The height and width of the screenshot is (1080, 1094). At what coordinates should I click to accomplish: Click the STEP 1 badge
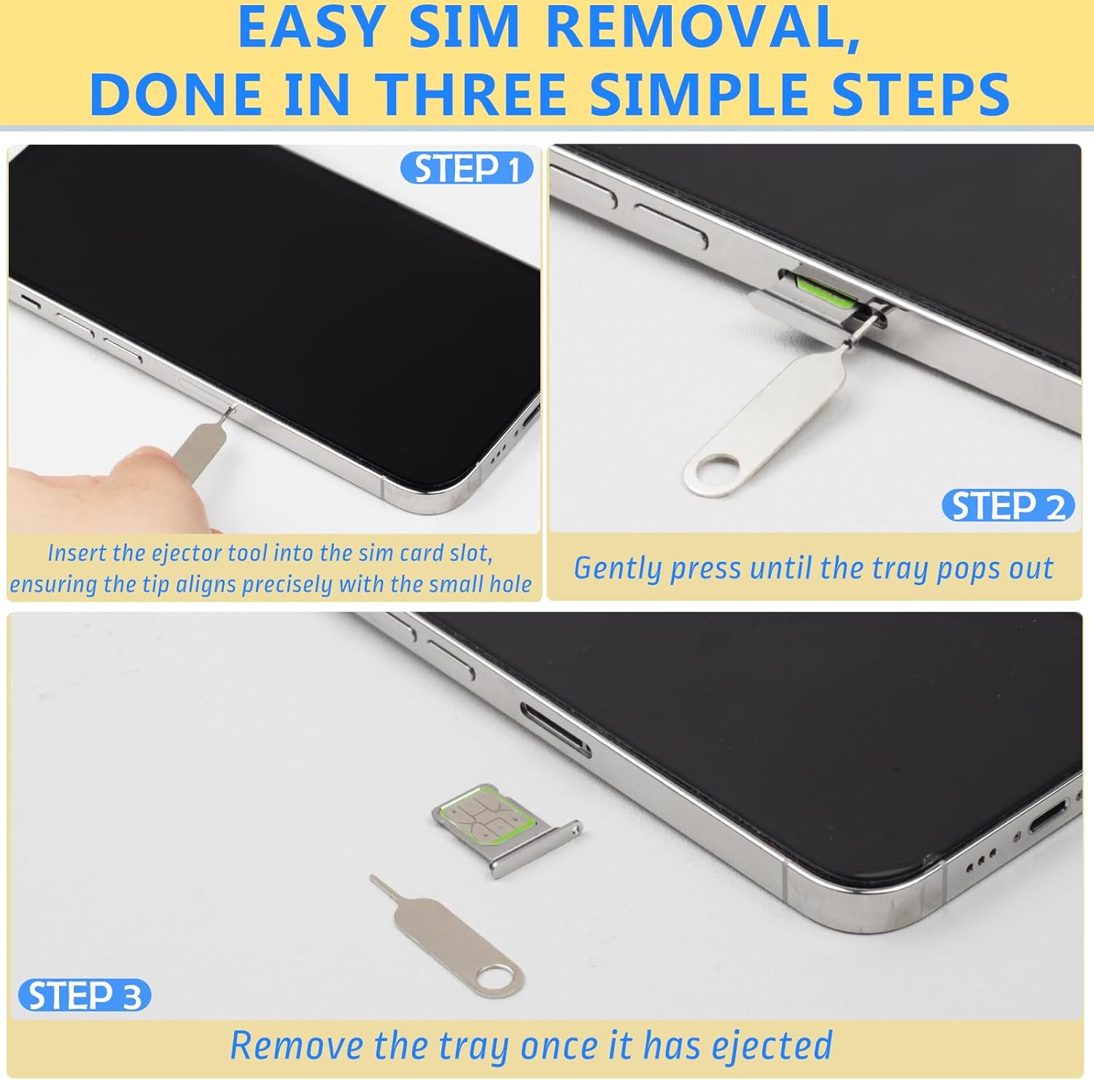pyautogui.click(x=467, y=168)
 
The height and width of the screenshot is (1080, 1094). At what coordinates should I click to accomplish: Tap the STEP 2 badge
pyautogui.click(x=1008, y=506)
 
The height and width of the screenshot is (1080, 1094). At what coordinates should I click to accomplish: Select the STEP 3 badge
pyautogui.click(x=85, y=995)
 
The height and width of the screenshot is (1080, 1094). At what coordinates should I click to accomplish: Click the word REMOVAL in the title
pyautogui.click(x=702, y=28)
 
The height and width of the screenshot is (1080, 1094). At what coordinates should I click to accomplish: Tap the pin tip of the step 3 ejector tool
pyautogui.click(x=373, y=877)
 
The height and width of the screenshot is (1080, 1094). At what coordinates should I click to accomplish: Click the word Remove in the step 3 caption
pyautogui.click(x=296, y=1045)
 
